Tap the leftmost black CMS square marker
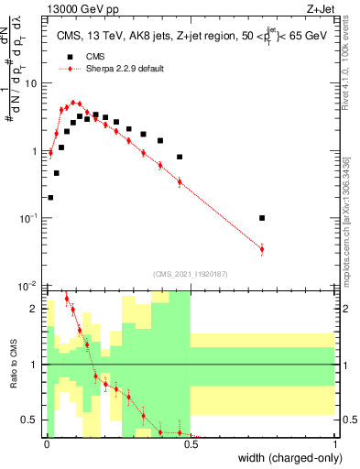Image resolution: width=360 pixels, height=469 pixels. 50,197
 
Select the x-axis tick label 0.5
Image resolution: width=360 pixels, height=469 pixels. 191,444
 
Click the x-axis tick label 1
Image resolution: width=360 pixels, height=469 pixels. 334,444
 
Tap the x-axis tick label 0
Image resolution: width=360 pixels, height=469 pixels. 47,444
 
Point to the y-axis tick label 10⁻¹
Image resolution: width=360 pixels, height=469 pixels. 29,218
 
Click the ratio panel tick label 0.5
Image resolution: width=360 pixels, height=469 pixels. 31,420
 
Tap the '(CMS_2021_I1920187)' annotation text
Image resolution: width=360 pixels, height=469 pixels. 191,273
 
